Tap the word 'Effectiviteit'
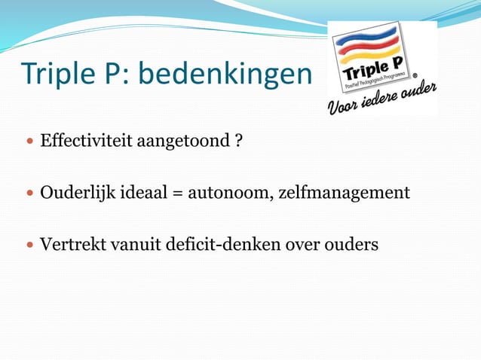(87, 141)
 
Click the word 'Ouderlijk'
(76, 193)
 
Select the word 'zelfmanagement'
(345, 193)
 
